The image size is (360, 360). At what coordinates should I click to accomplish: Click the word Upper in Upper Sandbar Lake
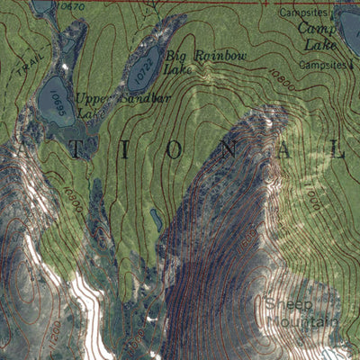click(93, 98)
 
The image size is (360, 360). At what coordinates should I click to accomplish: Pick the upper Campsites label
click(300, 13)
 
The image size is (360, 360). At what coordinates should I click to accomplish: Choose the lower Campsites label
click(322, 66)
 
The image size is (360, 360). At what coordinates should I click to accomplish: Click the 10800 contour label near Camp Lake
click(280, 81)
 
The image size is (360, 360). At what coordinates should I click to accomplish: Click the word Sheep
click(285, 304)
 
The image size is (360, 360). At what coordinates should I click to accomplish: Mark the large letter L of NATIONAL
click(339, 151)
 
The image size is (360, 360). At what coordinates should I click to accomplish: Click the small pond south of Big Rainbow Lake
click(157, 219)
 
